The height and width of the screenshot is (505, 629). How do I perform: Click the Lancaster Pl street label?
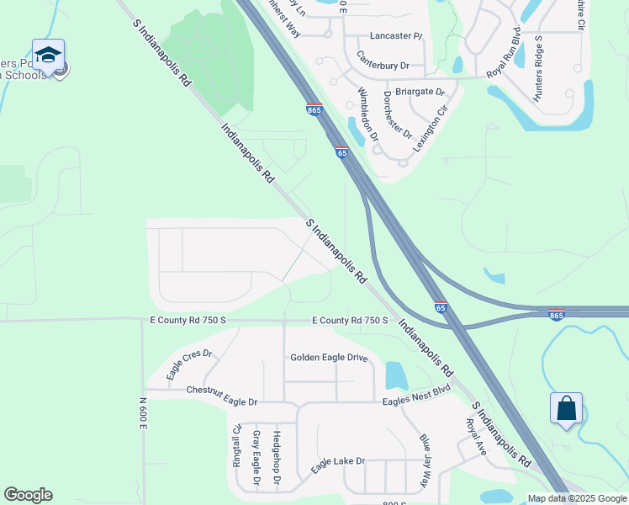pos(395,37)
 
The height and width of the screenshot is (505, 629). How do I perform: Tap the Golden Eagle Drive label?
pos(329,358)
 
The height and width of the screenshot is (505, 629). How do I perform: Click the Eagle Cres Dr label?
pos(189,364)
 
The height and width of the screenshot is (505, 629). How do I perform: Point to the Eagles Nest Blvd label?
pos(416,396)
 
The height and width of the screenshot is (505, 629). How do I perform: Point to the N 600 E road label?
pos(143,412)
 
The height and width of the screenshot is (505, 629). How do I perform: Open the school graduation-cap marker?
pos(48,56)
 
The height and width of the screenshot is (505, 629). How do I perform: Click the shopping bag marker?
pos(567,408)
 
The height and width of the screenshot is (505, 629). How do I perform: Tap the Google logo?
pos(28,495)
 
